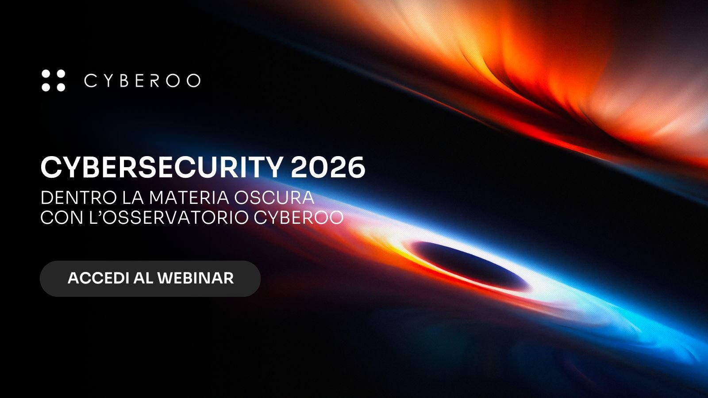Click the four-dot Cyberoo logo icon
click(x=53, y=80)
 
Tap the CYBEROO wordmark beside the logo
click(x=142, y=80)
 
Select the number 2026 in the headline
click(x=328, y=168)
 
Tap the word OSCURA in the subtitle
click(x=274, y=198)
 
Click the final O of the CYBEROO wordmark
click(x=193, y=80)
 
